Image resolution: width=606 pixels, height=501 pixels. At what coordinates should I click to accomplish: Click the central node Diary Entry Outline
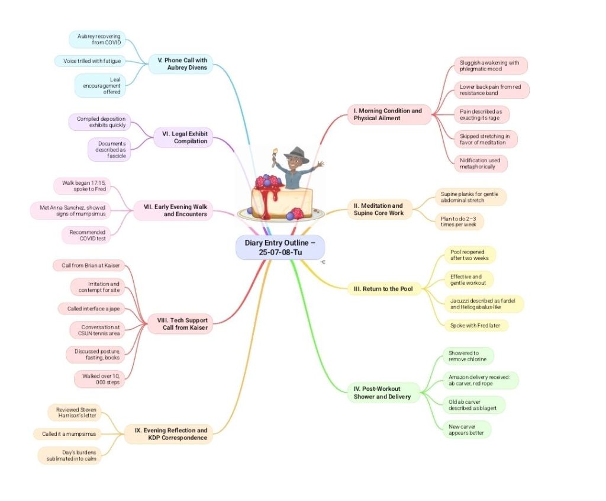[x=280, y=247]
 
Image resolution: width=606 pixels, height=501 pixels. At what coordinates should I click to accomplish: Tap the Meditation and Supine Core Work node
[x=380, y=209]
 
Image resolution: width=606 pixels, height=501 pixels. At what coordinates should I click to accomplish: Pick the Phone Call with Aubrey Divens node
[x=181, y=64]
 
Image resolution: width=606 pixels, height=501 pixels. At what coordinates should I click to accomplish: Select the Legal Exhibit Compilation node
[x=184, y=137]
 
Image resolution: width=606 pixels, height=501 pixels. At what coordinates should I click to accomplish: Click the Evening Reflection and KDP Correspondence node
[x=169, y=434]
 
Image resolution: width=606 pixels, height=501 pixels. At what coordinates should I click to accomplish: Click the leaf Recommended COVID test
[x=88, y=236]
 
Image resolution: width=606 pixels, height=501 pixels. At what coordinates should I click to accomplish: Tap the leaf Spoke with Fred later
[x=476, y=325]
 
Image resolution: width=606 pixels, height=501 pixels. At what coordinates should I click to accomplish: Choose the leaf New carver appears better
[x=466, y=429]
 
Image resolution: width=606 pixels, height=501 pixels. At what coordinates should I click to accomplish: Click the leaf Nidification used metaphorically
[x=481, y=163]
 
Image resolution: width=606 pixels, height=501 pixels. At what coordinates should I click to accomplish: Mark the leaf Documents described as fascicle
[x=109, y=150]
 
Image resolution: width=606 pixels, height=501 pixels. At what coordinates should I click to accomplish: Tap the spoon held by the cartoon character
[x=274, y=158]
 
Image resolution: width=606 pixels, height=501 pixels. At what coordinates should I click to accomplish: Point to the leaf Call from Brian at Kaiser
[x=91, y=265]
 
